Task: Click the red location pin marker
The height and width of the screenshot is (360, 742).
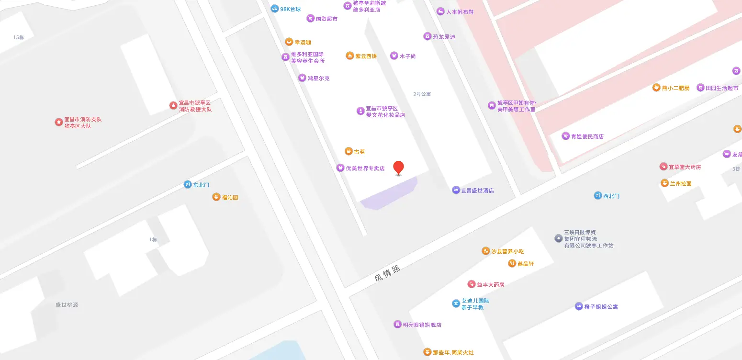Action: (398, 168)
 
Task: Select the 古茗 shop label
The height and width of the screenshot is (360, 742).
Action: (359, 152)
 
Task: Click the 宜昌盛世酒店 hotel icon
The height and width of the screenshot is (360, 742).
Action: (456, 190)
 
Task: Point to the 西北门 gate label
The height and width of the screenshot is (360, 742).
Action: (611, 196)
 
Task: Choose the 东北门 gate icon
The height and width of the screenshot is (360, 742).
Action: (188, 184)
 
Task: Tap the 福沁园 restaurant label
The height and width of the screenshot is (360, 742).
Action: (230, 197)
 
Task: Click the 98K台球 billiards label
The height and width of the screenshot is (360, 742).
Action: (291, 9)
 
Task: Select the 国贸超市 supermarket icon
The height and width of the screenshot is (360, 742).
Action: (311, 19)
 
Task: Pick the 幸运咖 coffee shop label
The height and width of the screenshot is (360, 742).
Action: (303, 42)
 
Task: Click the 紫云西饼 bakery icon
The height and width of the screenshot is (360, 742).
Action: (350, 56)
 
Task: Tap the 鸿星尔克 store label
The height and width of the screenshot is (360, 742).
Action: (318, 78)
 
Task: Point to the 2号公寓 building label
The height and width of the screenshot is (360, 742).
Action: (422, 94)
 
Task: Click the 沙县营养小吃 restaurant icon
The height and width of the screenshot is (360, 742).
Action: (485, 251)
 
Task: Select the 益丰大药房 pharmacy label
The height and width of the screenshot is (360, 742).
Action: (491, 284)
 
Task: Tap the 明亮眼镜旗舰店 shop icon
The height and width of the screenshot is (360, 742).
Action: (397, 325)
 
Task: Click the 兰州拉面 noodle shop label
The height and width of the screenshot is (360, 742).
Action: (681, 183)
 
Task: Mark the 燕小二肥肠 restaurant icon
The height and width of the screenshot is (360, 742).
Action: (656, 88)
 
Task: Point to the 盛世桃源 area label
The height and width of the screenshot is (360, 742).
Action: (67, 305)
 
